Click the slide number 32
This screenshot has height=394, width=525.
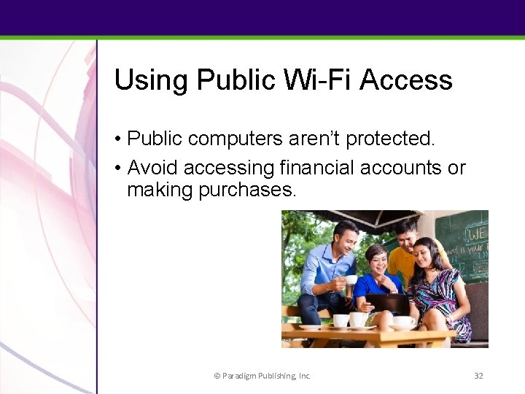tap(478, 376)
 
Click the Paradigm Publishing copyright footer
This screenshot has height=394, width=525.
tap(262, 376)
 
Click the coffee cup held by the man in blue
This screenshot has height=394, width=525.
tap(351, 280)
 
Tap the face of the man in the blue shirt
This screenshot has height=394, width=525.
tap(343, 237)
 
